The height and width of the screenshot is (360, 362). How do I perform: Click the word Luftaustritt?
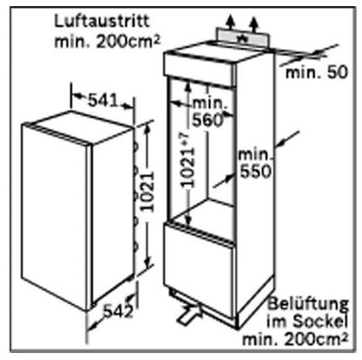(102, 21)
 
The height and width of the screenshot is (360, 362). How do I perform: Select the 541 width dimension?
(102, 100)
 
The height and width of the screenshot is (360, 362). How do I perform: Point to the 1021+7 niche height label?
(187, 160)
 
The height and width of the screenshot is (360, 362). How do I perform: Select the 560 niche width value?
(208, 120)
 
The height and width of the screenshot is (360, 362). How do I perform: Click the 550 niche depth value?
(256, 171)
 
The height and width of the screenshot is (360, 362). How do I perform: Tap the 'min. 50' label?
(317, 72)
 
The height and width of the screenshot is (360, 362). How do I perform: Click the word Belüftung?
(308, 304)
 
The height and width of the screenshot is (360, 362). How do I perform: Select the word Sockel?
(320, 321)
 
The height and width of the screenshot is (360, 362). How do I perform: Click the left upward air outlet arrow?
(230, 22)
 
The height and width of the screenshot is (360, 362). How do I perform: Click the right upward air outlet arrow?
(254, 25)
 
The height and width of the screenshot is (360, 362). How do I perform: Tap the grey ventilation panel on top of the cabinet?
(243, 38)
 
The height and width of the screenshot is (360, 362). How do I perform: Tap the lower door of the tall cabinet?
(199, 272)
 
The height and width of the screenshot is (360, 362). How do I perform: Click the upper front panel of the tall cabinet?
(199, 68)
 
